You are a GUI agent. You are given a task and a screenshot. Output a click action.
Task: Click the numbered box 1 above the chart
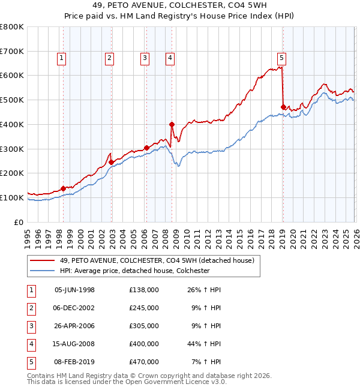(x=62, y=58)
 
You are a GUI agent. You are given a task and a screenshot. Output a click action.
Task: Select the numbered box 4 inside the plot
(x=170, y=58)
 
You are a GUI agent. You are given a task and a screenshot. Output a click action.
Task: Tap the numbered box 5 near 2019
(x=281, y=58)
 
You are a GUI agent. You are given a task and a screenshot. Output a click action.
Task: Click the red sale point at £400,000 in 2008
(x=172, y=124)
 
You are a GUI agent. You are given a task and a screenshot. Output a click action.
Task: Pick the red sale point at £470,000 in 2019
(x=283, y=107)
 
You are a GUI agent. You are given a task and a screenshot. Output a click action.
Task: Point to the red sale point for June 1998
(x=63, y=188)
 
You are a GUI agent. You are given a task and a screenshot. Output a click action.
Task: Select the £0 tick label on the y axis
(x=19, y=222)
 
